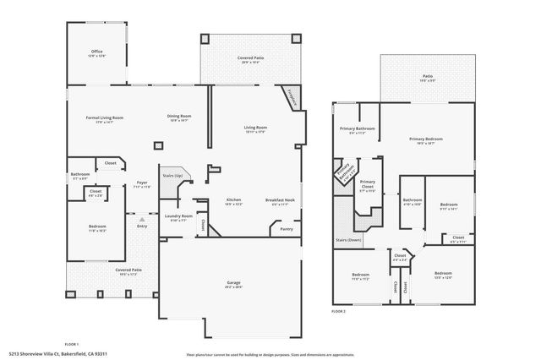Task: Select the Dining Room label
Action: (179, 117)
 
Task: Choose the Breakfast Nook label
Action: (280, 199)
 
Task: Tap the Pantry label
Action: (286, 228)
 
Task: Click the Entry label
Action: (141, 226)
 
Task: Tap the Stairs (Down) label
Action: (348, 240)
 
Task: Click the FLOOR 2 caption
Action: (338, 312)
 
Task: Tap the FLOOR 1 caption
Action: (72, 344)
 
